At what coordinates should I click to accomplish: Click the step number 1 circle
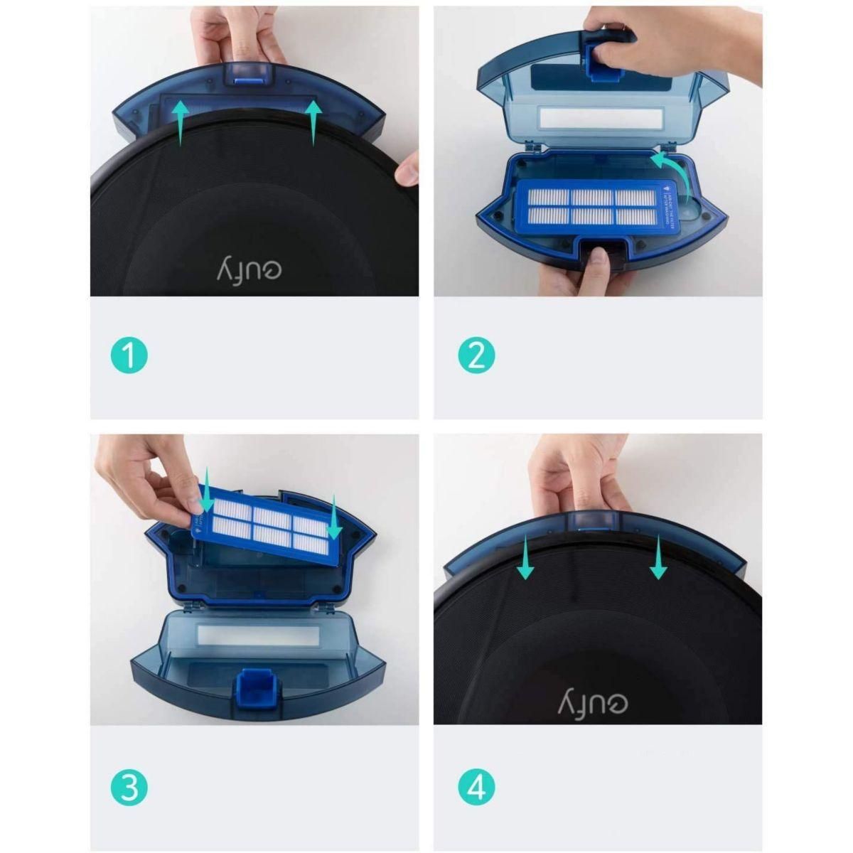coord(129,356)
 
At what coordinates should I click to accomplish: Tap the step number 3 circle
coord(129,788)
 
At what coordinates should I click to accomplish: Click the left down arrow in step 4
coord(526,558)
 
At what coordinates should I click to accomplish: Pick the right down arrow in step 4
coord(658,558)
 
